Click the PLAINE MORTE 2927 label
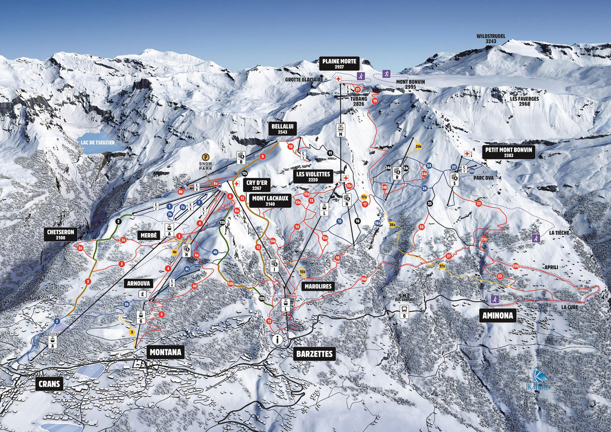[339, 64]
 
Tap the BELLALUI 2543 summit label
[278, 129]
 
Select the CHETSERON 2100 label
[60, 235]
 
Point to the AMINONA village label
[498, 316]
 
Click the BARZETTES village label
[314, 354]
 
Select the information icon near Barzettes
[278, 339]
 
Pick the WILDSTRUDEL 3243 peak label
[491, 39]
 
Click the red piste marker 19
[375, 101]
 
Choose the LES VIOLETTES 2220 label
[313, 177]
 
